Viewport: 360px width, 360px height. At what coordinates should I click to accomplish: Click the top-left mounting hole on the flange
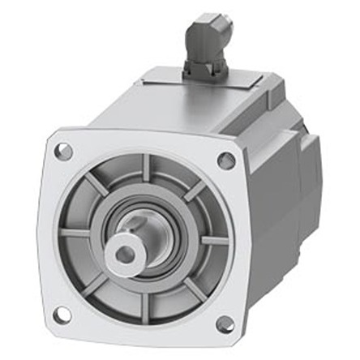tap(64, 151)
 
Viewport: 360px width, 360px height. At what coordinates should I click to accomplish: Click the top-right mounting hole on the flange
tap(227, 161)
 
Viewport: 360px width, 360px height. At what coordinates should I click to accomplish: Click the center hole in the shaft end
tap(125, 255)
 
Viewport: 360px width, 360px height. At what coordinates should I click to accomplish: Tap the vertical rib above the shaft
tap(146, 171)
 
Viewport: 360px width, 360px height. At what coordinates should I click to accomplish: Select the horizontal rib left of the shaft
tap(75, 233)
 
